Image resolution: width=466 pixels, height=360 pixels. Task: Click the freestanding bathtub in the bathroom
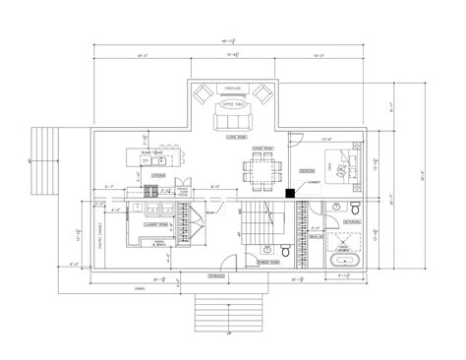point(348,260)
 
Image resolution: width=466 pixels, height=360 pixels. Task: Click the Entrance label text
point(214,278)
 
